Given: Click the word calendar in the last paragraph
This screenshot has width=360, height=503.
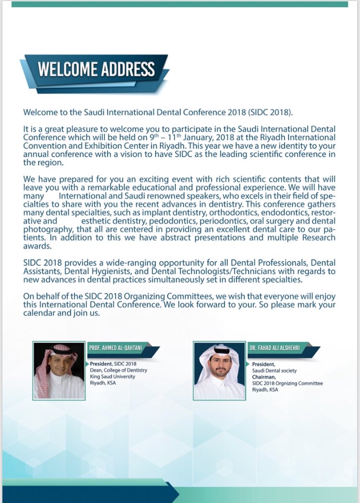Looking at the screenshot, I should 41,313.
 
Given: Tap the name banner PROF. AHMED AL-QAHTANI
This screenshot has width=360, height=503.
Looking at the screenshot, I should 118,347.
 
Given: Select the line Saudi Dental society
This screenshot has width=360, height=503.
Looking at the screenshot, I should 275,370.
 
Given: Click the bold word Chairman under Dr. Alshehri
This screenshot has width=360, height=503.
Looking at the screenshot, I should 263,377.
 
